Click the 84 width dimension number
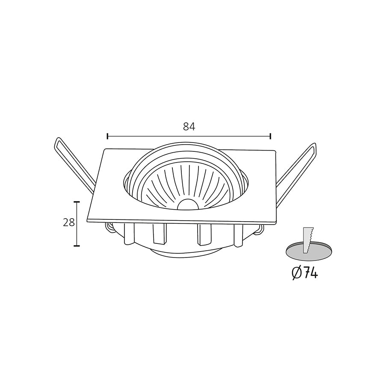tap(189, 126)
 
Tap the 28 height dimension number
tap(69, 222)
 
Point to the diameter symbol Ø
tap(296, 273)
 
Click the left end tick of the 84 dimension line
tap(107, 136)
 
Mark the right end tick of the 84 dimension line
tap(270, 136)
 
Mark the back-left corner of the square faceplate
tap(105, 149)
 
